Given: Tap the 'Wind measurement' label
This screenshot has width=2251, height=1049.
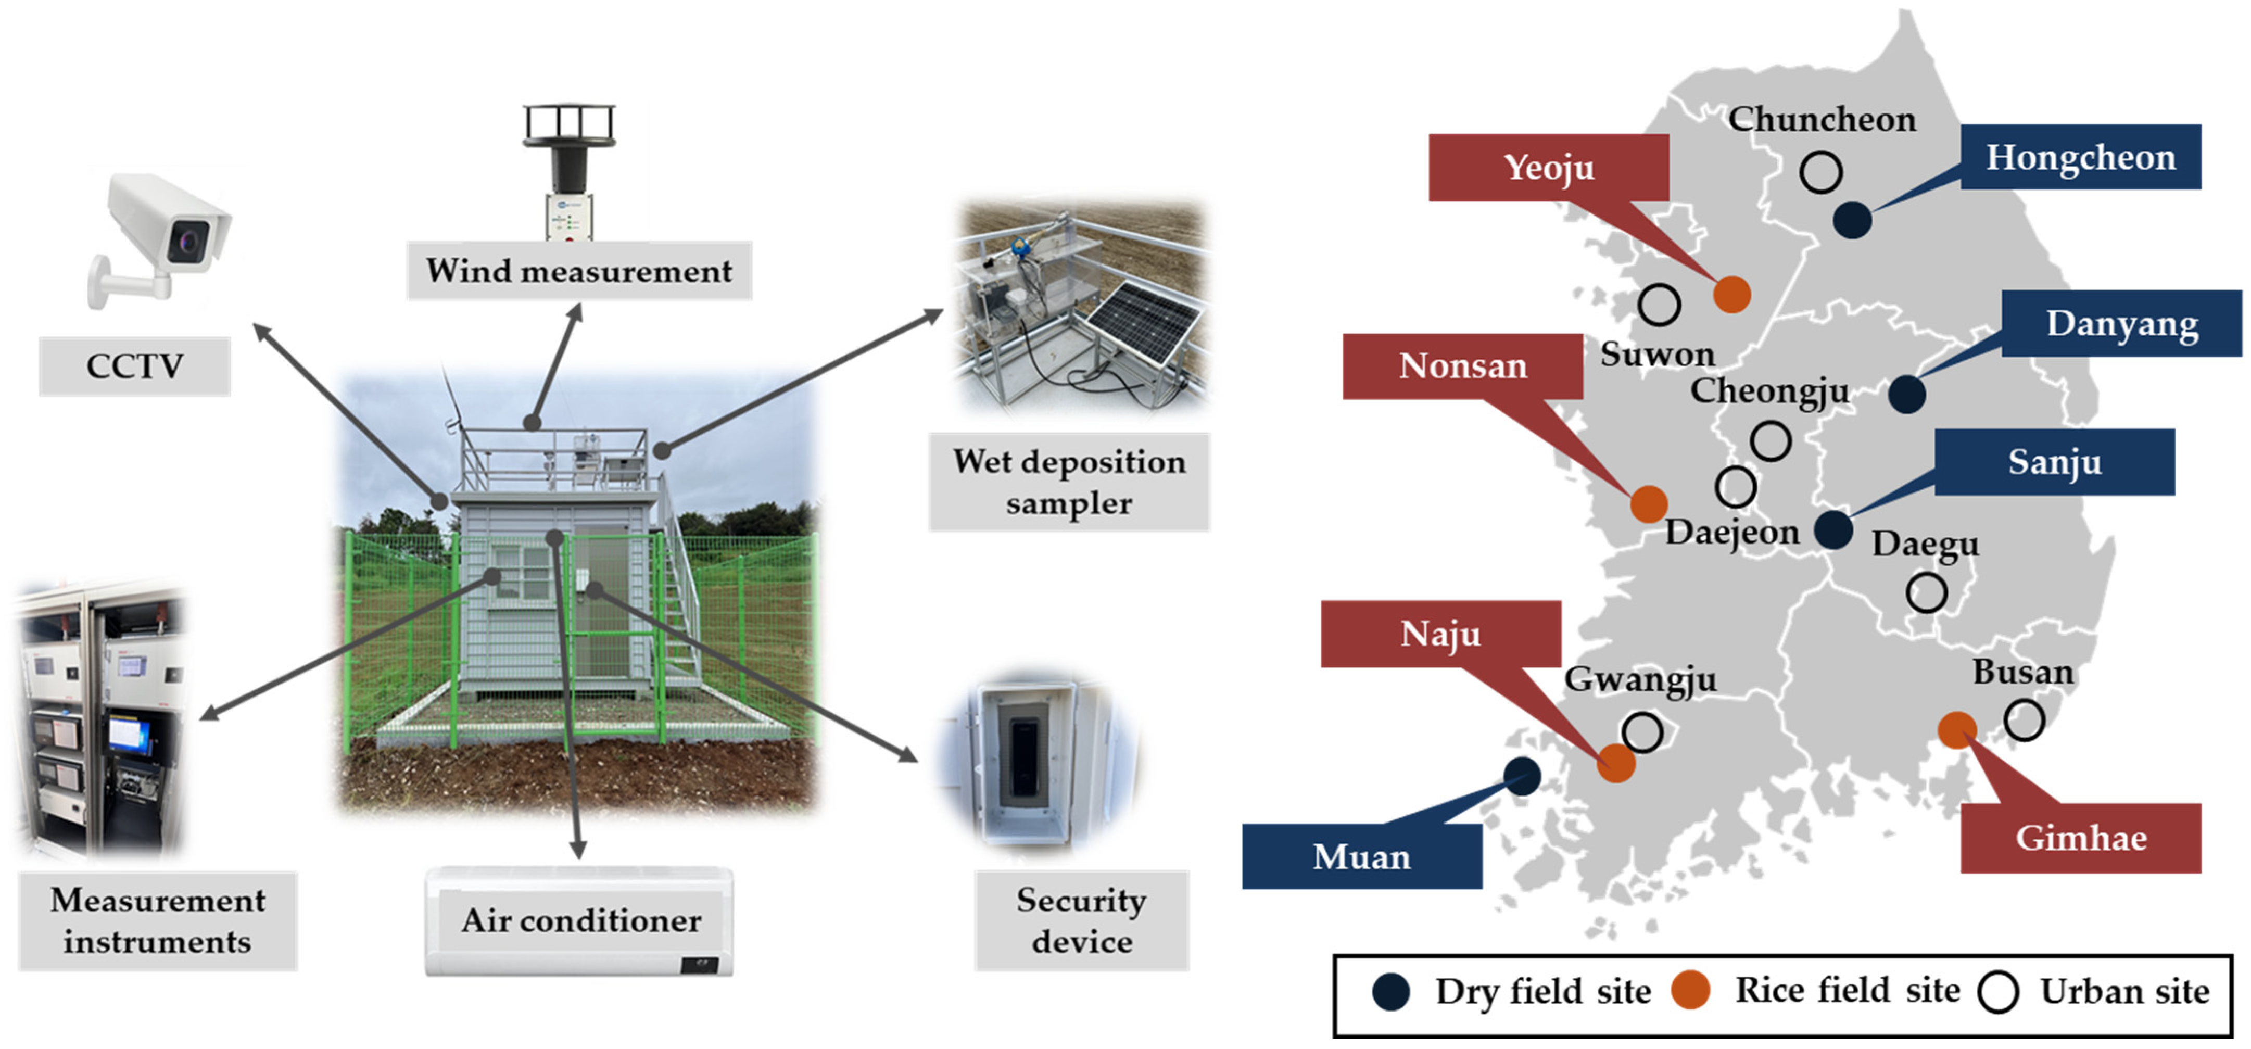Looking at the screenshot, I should (578, 271).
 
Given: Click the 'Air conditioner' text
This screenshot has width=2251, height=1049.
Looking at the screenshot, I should (580, 920).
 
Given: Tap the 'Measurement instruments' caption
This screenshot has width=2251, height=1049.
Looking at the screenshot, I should (157, 920).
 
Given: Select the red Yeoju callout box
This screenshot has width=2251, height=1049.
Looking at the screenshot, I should (1548, 167).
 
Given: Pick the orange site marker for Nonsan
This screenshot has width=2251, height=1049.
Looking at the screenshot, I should (1648, 504).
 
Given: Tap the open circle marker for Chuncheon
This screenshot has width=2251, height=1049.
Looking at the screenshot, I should (1820, 172).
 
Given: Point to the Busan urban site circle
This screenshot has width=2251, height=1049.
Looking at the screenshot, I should (2024, 721).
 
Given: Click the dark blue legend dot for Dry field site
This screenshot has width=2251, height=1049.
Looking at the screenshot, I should (1390, 992).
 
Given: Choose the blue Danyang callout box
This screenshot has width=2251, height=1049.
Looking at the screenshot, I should (2121, 323).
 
